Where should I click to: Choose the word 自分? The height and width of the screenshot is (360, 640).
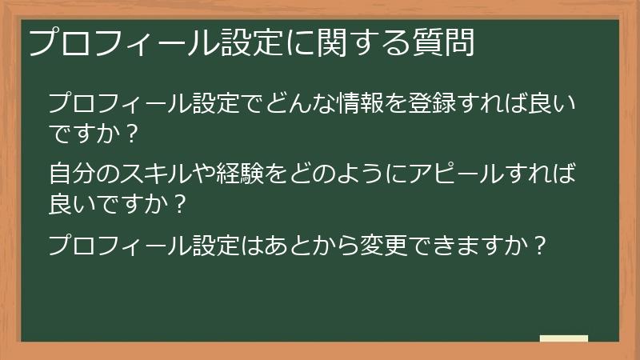(71, 173)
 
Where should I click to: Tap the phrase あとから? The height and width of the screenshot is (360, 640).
(320, 243)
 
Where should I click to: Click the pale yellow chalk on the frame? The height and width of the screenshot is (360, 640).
(564, 338)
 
